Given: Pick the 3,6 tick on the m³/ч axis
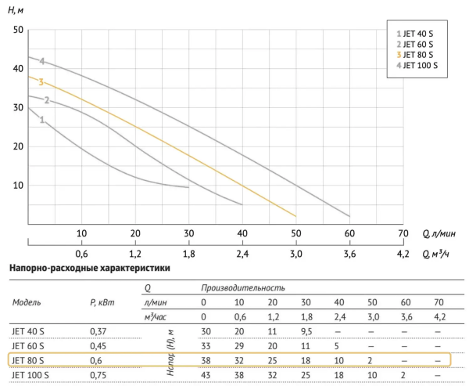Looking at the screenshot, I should click(x=349, y=254).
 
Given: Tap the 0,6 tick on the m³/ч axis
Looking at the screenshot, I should click(x=81, y=254).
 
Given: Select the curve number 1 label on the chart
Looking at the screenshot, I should click(x=41, y=120).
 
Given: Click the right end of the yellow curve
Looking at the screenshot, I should click(x=295, y=215).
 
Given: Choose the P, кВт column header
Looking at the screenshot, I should click(x=103, y=302).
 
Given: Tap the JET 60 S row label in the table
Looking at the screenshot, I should click(x=28, y=345).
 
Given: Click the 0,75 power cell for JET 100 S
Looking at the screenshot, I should click(x=98, y=374).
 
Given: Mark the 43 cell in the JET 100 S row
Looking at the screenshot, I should click(x=206, y=374).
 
